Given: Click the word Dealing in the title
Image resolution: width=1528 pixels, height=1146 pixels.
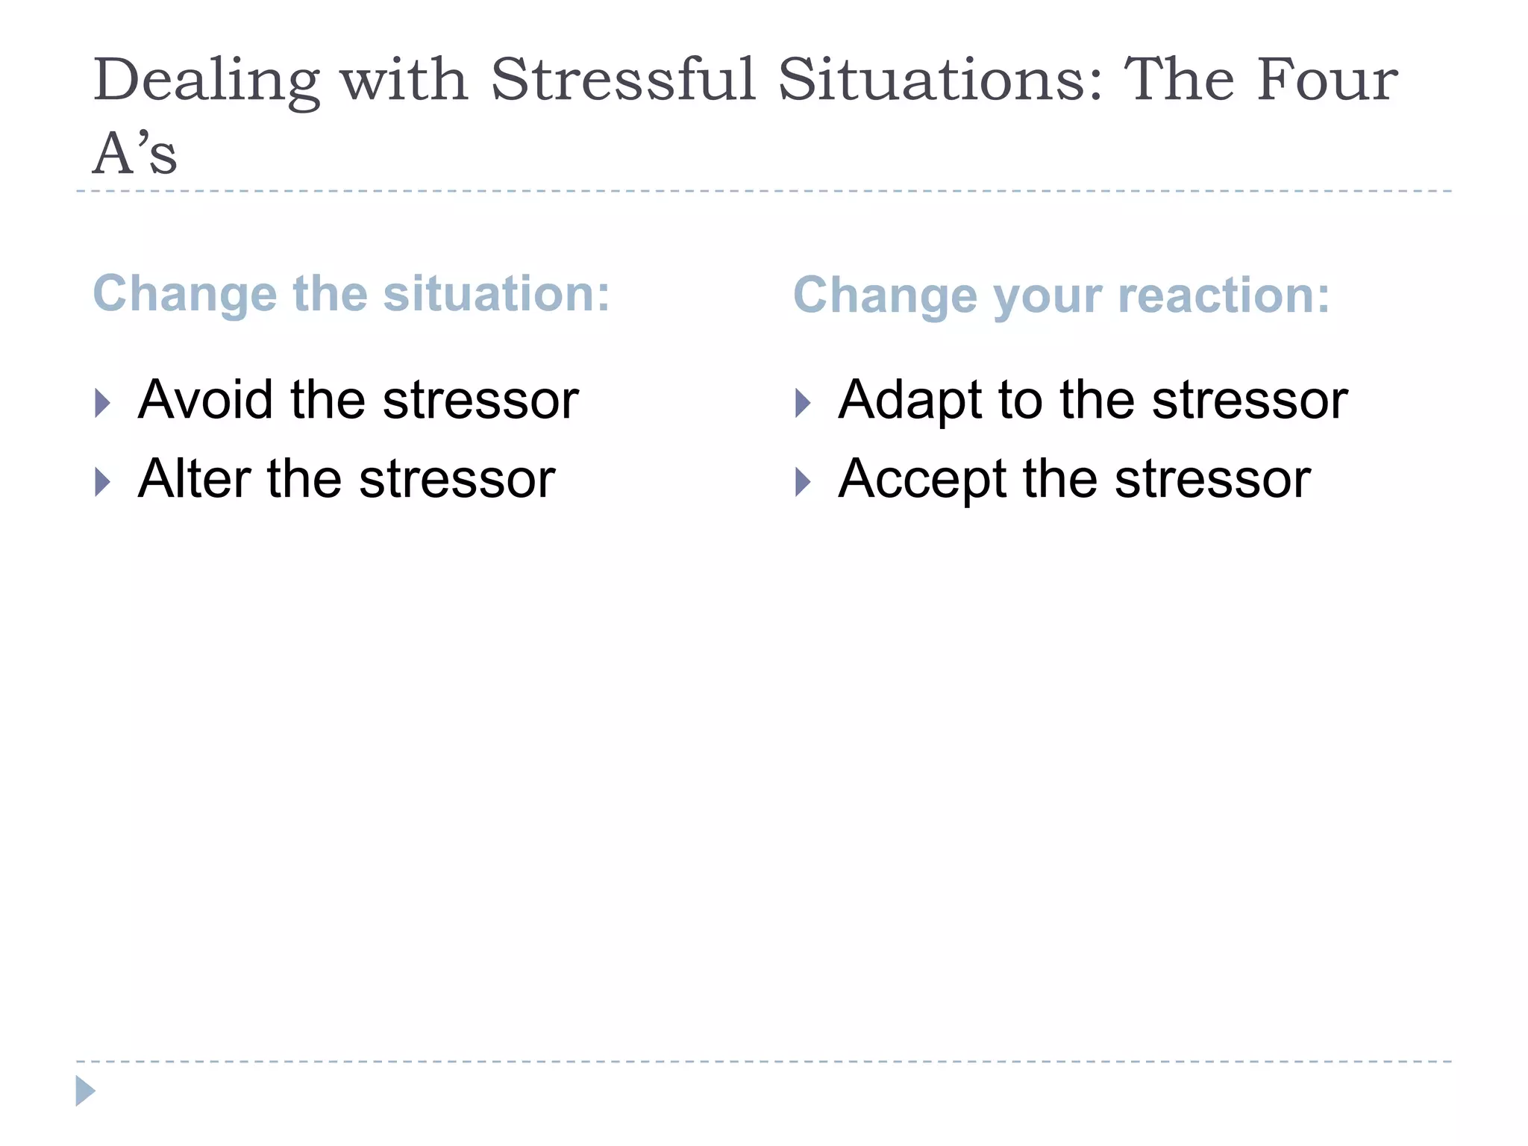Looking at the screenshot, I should [206, 81].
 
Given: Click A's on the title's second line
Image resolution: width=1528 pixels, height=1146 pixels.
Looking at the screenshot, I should [135, 153].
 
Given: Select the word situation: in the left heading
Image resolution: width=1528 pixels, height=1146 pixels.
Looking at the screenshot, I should [496, 293].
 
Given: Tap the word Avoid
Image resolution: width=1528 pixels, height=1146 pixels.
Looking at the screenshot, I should [205, 400].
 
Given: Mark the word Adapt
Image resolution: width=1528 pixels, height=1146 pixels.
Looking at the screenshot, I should [909, 401].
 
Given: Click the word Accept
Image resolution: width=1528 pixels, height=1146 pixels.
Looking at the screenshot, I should [922, 480].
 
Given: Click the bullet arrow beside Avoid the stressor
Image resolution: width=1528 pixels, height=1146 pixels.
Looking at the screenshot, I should [103, 404].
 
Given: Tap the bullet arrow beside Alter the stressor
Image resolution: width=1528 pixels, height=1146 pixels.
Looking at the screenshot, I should [103, 482].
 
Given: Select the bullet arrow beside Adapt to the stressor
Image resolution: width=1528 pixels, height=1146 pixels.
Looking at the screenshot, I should [803, 404].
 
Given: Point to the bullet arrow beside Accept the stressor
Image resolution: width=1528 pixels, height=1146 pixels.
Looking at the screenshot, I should [803, 482].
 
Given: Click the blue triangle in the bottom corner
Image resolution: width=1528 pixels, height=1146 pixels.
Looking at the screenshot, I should [85, 1091].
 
